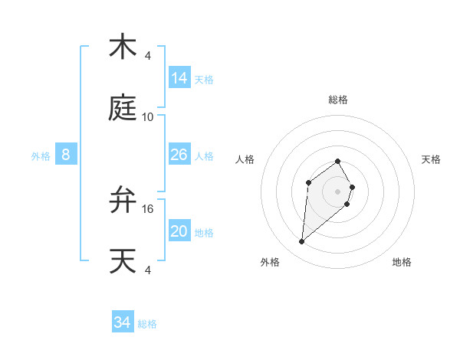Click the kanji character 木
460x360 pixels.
click(123, 47)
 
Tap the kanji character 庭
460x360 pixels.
click(123, 109)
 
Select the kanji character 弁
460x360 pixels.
click(123, 201)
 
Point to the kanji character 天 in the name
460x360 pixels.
click(123, 261)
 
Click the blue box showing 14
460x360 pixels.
click(179, 78)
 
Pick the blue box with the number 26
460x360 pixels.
click(179, 155)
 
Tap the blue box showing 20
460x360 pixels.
click(179, 231)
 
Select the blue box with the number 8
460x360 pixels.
click(66, 155)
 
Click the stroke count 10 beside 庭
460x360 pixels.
click(148, 117)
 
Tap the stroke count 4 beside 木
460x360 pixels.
click(148, 56)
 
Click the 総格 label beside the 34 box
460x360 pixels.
click(147, 324)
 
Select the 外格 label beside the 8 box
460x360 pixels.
click(41, 156)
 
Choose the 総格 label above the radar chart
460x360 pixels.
click(338, 100)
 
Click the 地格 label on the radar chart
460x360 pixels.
click(402, 262)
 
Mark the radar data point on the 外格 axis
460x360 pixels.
click(302, 242)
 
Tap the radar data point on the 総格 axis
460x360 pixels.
click(338, 161)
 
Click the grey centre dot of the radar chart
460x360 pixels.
click(338, 191)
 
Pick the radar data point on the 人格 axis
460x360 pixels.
click(308, 182)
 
